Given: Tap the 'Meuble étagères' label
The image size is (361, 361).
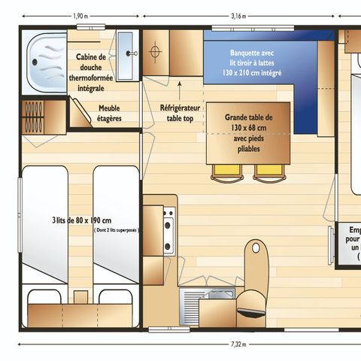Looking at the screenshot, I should (x=109, y=113).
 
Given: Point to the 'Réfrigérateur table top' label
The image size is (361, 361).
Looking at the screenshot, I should (x=179, y=113).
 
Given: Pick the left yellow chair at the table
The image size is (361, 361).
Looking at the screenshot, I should (x=224, y=171).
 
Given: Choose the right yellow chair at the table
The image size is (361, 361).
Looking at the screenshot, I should (x=268, y=171).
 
